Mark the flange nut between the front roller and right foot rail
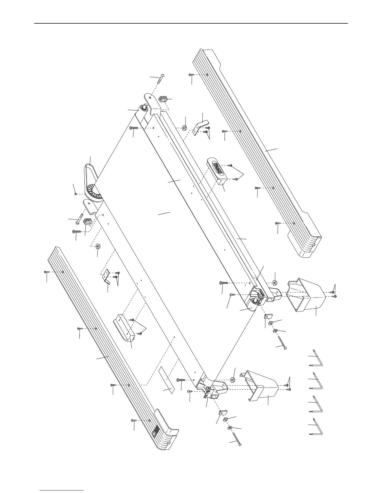coord(184,128)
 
